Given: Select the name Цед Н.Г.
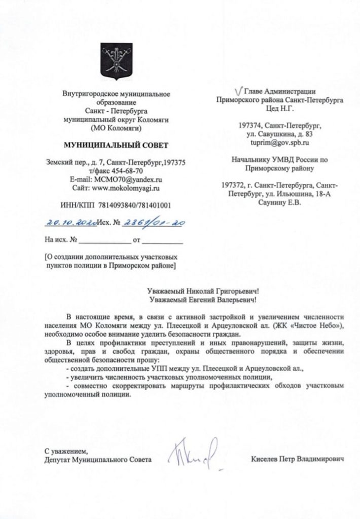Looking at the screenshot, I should (x=279, y=109).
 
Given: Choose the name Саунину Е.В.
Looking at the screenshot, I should (x=279, y=203).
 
